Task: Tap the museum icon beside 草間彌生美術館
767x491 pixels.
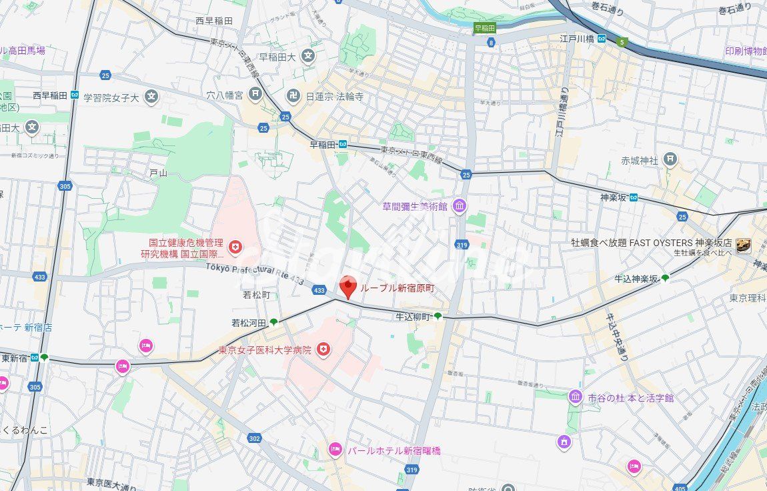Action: click(x=460, y=207)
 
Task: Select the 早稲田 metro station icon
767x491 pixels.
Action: click(x=342, y=143)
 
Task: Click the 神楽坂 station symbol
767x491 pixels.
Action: click(x=633, y=197)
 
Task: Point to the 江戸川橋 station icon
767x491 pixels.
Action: click(x=602, y=39)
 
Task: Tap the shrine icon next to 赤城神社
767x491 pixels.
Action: click(x=670, y=160)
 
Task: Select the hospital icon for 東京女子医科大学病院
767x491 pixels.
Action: click(x=323, y=350)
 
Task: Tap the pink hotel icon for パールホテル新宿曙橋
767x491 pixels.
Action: click(x=335, y=450)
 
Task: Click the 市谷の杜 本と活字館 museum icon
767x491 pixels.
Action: click(x=575, y=398)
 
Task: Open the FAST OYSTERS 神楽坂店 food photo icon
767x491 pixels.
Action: click(x=744, y=246)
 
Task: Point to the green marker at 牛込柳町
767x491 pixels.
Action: click(x=438, y=316)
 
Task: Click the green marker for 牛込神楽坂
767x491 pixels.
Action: click(x=665, y=278)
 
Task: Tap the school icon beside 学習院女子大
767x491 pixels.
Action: click(x=152, y=97)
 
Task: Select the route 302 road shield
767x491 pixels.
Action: click(x=254, y=438)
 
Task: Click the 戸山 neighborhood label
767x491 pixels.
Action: click(x=158, y=173)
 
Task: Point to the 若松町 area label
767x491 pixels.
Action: click(x=256, y=294)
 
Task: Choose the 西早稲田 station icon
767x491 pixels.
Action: click(x=75, y=95)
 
